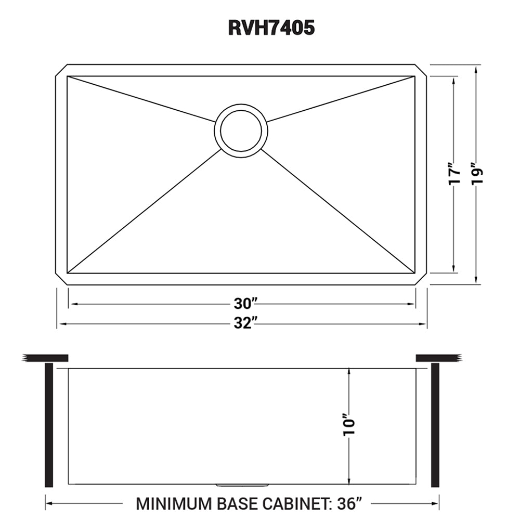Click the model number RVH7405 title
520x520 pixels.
point(271,28)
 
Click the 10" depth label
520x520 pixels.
point(350,425)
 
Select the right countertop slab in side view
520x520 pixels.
point(439,357)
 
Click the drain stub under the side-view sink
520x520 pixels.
point(242,485)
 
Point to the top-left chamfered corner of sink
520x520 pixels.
point(61,71)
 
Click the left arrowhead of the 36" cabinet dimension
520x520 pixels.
point(50,503)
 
